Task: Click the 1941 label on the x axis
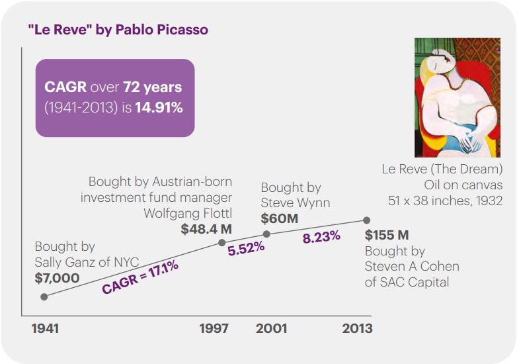(x=45, y=328)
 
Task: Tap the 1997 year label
(x=214, y=328)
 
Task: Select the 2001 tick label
(x=270, y=328)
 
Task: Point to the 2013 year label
(x=357, y=328)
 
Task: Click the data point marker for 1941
(x=44, y=296)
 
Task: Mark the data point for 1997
(x=222, y=242)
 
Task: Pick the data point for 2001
(x=266, y=234)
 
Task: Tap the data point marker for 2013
(x=367, y=220)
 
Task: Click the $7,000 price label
(x=57, y=278)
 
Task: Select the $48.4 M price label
(x=206, y=230)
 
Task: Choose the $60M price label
(x=280, y=218)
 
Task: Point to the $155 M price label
(x=387, y=235)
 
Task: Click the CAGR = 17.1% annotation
(x=140, y=277)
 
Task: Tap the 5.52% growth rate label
(x=246, y=248)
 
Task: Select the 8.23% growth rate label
(x=321, y=236)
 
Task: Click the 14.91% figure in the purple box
(x=159, y=107)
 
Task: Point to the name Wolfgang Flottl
(x=188, y=213)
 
